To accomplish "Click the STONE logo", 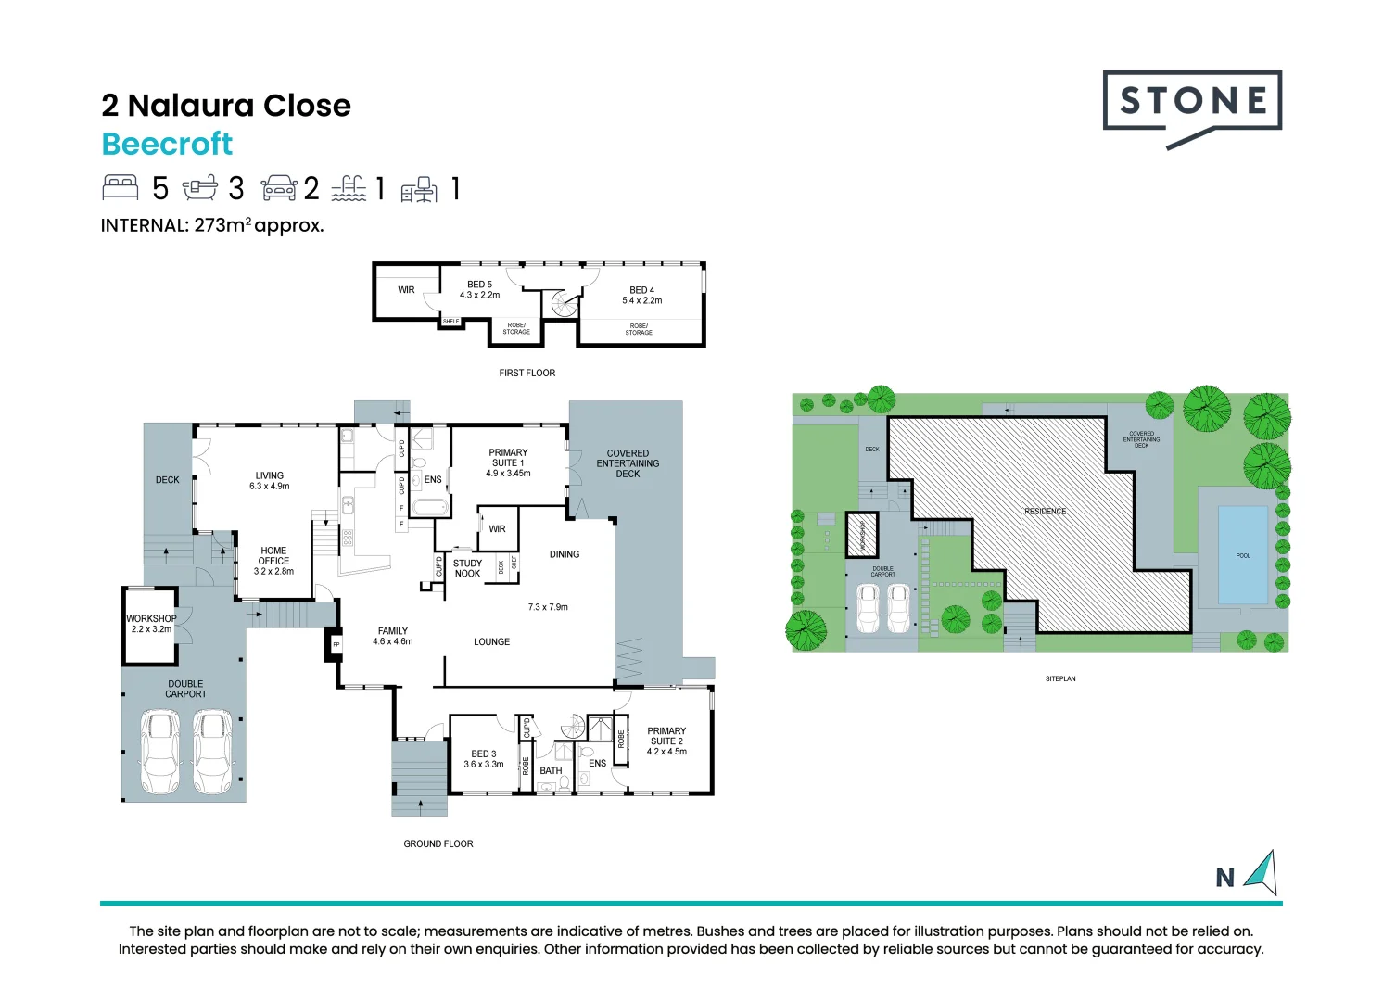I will tap(1192, 103).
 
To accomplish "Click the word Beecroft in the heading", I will tap(167, 144).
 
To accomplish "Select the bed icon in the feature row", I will tap(121, 188).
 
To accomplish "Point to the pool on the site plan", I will tap(1242, 555).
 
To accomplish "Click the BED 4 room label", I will tap(641, 295).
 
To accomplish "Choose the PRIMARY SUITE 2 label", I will tap(666, 741).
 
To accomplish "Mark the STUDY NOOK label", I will tap(467, 568).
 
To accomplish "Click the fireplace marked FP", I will tap(336, 644).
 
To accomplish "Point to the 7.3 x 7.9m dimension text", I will tap(548, 607).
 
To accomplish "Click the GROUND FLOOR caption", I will tap(438, 843).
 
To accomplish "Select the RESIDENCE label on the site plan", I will tap(1045, 512).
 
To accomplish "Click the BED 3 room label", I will tap(483, 758).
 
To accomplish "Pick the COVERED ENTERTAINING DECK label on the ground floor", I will tap(628, 463).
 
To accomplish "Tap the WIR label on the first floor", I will tap(406, 290).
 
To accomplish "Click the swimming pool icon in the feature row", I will tap(349, 188).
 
